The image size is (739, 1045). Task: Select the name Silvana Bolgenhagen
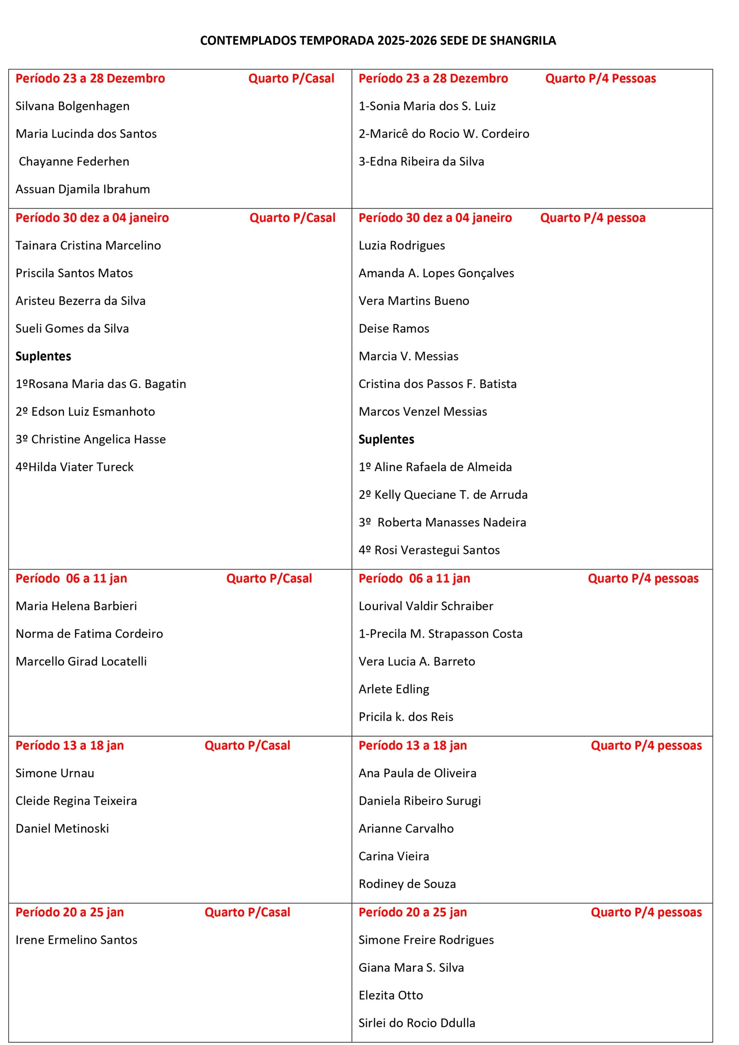click(x=72, y=106)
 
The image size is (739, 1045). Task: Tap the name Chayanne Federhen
click(x=74, y=162)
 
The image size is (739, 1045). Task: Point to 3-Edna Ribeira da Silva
click(x=421, y=162)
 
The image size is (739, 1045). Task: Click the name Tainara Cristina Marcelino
click(x=88, y=246)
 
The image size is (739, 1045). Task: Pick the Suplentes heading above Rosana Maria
click(x=43, y=356)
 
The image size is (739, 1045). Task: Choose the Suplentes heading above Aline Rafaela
click(x=386, y=440)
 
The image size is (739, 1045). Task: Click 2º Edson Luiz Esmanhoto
click(x=85, y=412)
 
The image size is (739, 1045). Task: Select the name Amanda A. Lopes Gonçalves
click(x=436, y=273)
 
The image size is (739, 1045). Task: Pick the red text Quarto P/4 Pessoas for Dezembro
click(x=600, y=79)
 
